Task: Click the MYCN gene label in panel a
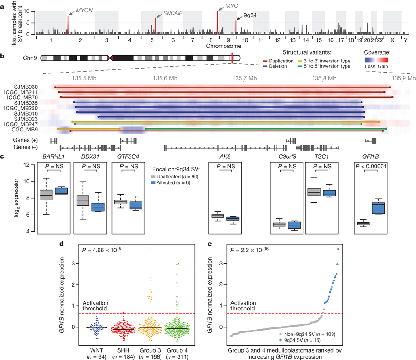click(x=84, y=11)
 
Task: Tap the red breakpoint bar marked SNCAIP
click(x=156, y=26)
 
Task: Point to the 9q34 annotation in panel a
click(x=250, y=15)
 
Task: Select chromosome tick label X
click(x=392, y=40)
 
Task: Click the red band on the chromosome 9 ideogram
click(x=232, y=58)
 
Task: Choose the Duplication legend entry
click(x=278, y=61)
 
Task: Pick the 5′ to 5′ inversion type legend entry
click(x=324, y=66)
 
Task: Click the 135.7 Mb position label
click(x=244, y=78)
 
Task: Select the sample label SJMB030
click(x=26, y=87)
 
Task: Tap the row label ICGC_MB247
click(x=21, y=124)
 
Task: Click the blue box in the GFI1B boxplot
click(x=378, y=208)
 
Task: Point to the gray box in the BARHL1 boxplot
click(x=46, y=195)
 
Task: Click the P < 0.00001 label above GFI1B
click(x=371, y=166)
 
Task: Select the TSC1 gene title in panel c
click(x=321, y=156)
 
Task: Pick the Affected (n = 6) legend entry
click(x=170, y=182)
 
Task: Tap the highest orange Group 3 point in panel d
click(x=150, y=249)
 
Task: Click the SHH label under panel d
click(x=124, y=350)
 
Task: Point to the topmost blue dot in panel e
click(x=338, y=249)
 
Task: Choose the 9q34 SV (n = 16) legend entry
click(x=300, y=340)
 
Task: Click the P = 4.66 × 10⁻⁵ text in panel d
click(x=102, y=250)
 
